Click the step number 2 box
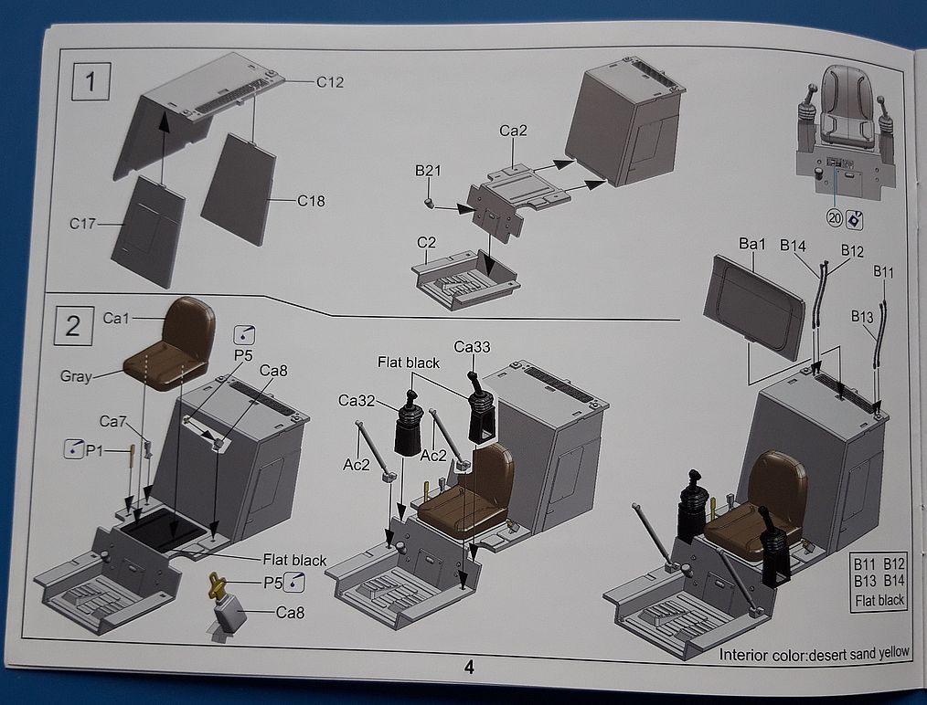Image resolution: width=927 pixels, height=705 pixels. tap(72, 324)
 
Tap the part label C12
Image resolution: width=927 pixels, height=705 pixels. tap(330, 82)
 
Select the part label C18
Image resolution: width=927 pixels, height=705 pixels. tap(311, 201)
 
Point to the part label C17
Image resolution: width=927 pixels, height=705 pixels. tap(85, 222)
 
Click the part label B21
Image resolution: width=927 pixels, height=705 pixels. tap(428, 170)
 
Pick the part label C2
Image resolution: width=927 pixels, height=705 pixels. tap(426, 243)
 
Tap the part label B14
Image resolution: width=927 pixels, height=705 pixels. tap(793, 245)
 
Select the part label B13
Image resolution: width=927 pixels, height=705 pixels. tap(862, 316)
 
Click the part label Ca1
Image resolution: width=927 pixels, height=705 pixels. tap(116, 318)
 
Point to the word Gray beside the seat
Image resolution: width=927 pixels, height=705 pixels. tap(77, 376)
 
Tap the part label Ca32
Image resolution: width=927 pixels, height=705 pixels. tap(356, 400)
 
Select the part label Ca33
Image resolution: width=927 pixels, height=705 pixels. tap(470, 348)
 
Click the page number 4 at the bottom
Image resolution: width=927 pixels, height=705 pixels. tap(469, 667)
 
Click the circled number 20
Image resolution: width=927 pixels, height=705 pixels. tap(834, 218)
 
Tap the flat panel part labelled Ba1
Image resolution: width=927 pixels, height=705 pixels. tap(755, 305)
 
